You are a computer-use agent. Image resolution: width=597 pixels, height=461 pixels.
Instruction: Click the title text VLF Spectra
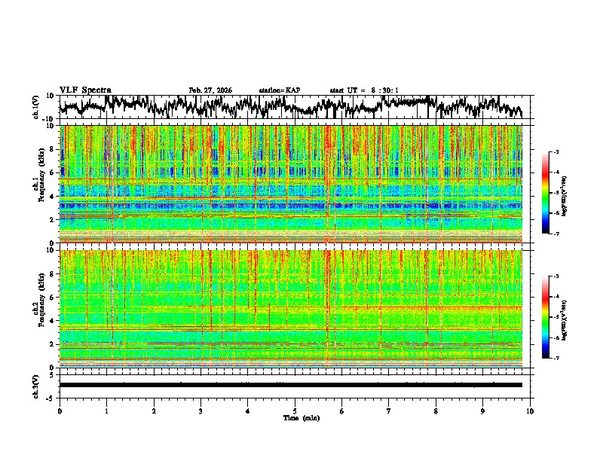[x=85, y=90]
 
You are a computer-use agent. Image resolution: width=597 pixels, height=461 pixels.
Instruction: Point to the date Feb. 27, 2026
[x=210, y=90]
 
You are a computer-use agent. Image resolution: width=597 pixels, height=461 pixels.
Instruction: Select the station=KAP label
[x=280, y=90]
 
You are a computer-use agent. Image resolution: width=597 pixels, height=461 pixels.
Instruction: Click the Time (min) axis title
[x=295, y=417]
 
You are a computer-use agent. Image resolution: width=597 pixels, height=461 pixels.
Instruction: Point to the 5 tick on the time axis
[x=295, y=411]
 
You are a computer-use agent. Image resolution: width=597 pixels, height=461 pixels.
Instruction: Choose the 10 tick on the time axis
[x=530, y=411]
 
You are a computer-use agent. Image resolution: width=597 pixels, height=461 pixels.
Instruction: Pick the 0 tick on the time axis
[x=60, y=411]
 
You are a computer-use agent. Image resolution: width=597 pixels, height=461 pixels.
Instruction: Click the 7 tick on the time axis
[x=389, y=411]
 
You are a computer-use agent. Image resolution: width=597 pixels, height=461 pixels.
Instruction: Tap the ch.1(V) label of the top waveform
[x=36, y=108]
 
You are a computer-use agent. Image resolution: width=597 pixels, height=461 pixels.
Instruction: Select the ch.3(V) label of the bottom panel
[x=36, y=384]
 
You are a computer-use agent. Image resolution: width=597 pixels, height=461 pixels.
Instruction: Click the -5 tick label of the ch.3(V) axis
[x=51, y=396]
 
